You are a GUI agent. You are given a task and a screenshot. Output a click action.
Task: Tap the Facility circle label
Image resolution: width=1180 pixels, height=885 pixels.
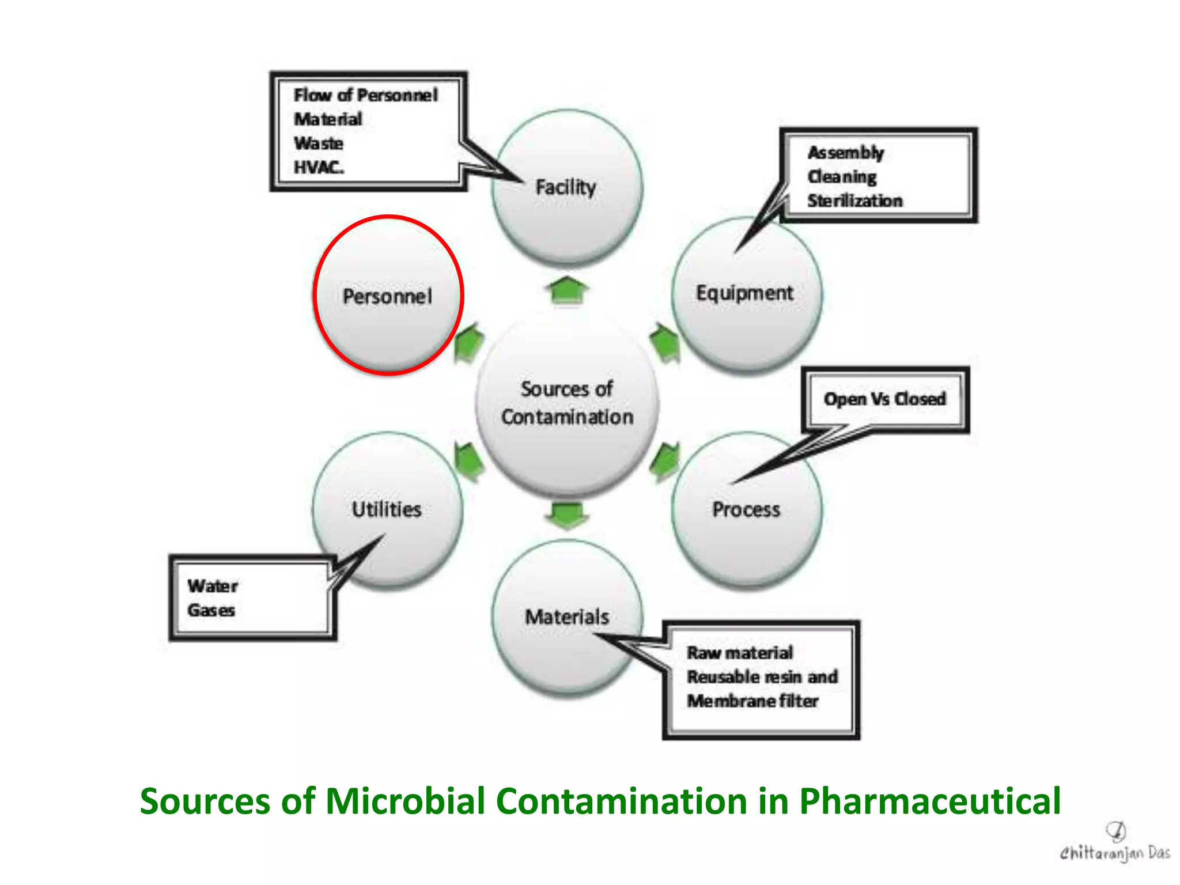[566, 187]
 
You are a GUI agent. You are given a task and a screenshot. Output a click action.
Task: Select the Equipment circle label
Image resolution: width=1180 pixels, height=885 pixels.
[744, 293]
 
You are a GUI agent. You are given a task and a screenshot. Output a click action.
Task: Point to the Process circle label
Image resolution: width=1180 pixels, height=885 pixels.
[746, 509]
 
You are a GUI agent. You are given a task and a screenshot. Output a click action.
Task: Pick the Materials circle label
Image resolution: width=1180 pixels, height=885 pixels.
[567, 617]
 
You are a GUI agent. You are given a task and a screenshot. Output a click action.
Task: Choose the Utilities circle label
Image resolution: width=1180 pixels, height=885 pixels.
[387, 509]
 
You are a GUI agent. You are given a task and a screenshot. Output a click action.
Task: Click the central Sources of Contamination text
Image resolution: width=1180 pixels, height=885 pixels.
[567, 403]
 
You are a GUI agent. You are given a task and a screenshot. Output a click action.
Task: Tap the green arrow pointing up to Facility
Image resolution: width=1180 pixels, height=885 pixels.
[568, 290]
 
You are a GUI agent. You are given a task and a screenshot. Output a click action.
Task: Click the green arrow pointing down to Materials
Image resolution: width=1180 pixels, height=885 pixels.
[568, 515]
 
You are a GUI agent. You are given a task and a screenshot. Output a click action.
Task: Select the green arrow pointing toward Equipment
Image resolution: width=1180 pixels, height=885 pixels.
[665, 342]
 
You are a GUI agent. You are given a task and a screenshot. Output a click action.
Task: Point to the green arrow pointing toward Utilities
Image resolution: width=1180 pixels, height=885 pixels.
[469, 462]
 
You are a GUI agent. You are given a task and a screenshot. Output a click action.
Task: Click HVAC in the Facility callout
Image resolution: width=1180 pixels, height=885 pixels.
[319, 167]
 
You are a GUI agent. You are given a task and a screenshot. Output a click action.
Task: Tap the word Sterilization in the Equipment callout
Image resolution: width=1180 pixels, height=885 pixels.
[855, 201]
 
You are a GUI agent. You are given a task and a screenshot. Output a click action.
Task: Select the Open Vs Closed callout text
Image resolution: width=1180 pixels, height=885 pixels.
[884, 399]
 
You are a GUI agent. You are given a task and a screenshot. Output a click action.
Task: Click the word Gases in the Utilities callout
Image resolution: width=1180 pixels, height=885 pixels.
[211, 610]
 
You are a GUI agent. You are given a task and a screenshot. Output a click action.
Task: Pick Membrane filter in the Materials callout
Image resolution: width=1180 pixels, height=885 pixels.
[752, 701]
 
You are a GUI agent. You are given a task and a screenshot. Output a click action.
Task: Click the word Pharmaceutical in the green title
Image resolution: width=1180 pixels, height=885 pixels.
[930, 801]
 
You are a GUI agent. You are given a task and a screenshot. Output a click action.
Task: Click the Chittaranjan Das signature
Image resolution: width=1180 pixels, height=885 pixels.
[1115, 845]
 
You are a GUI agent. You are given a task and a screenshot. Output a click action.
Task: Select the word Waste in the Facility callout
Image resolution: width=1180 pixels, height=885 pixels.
[319, 143]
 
